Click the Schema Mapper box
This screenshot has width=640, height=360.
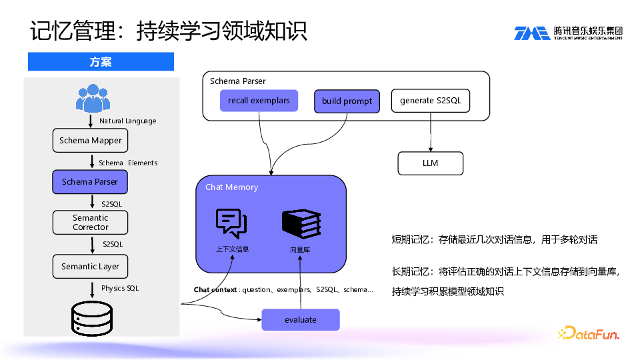point(90,141)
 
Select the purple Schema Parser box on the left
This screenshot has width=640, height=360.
point(90,181)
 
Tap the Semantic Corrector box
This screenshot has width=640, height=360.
point(90,223)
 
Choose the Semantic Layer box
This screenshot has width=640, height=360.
point(90,267)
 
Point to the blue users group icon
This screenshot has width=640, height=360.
point(92,98)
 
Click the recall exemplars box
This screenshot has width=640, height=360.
point(259,101)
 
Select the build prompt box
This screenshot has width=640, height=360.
point(347,101)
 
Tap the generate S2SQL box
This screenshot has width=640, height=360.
point(430,101)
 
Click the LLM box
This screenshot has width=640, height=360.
point(430,163)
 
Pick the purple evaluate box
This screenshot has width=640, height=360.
point(300,320)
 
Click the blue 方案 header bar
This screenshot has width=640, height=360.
point(101,62)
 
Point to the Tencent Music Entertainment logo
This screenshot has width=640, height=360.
point(568,33)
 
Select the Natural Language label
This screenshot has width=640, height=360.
point(127,121)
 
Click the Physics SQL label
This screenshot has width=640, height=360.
point(120,289)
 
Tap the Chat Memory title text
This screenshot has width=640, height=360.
point(231,187)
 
